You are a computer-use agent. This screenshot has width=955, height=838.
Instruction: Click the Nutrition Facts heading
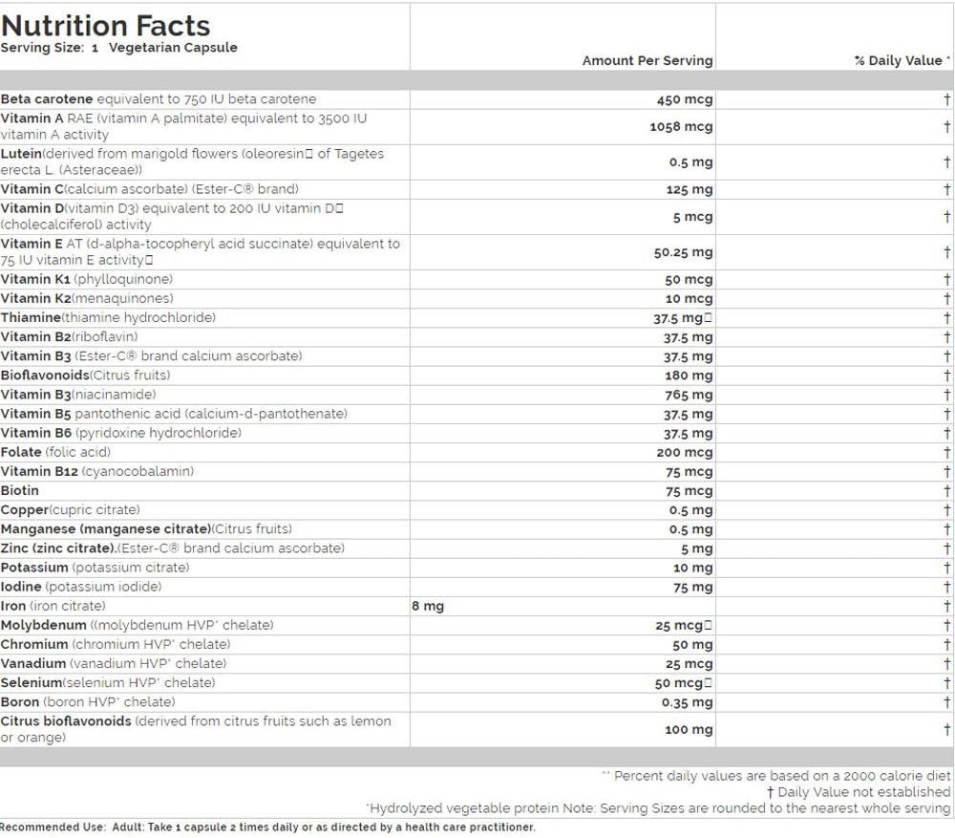pyautogui.click(x=106, y=25)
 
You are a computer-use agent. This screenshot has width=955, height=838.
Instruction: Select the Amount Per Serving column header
pyautogui.click(x=647, y=60)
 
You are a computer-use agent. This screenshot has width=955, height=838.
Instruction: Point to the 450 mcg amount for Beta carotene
pyautogui.click(x=684, y=99)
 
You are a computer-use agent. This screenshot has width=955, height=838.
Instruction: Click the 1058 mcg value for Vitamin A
pyautogui.click(x=680, y=126)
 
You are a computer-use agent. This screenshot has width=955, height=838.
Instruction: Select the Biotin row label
pyautogui.click(x=20, y=490)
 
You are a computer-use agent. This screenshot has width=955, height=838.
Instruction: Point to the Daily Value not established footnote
pyautogui.click(x=859, y=792)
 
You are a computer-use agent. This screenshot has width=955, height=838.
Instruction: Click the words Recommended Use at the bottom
pyautogui.click(x=46, y=827)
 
